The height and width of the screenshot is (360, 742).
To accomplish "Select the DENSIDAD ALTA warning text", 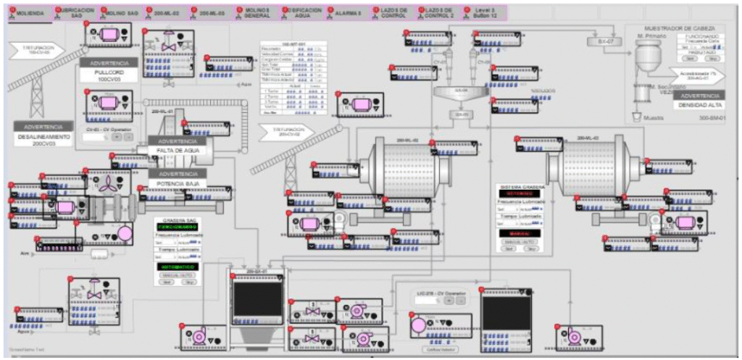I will tap(700, 106).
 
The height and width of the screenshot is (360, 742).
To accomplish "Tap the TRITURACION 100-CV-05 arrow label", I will tap(36, 49).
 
